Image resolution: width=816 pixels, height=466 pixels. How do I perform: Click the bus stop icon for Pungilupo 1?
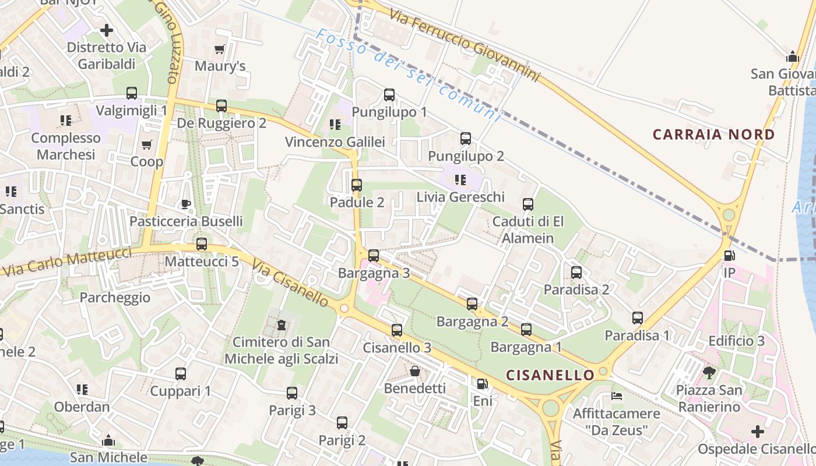(389, 95)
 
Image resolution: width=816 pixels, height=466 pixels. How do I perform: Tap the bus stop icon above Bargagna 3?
(374, 256)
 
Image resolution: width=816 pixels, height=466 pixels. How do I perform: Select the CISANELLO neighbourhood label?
(550, 375)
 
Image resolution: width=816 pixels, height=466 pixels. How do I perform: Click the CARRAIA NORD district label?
(713, 135)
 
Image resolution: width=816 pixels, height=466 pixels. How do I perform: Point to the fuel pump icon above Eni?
(482, 384)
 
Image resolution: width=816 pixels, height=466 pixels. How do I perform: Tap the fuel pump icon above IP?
(729, 256)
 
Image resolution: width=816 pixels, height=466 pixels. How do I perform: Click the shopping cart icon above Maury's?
(220, 50)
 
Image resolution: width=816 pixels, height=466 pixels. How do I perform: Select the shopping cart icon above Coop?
(146, 144)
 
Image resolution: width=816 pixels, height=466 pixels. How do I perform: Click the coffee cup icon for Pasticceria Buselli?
(186, 204)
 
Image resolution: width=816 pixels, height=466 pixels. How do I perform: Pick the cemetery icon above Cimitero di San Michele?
(282, 324)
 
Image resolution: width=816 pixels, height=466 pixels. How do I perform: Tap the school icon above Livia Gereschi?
(460, 180)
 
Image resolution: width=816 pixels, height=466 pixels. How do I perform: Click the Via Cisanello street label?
(290, 283)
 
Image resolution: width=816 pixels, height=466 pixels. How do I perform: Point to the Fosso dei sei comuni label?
(408, 75)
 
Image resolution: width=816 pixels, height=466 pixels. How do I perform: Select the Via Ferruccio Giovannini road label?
(465, 45)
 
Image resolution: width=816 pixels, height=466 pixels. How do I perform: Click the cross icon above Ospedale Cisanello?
(757, 432)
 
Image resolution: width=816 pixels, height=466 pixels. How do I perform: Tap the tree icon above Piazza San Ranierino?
(709, 372)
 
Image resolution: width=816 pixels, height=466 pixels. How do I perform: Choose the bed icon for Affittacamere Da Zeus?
(616, 396)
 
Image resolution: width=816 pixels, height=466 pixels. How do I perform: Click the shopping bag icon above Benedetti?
(415, 371)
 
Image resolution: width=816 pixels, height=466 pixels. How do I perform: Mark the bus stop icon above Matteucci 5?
(202, 244)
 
